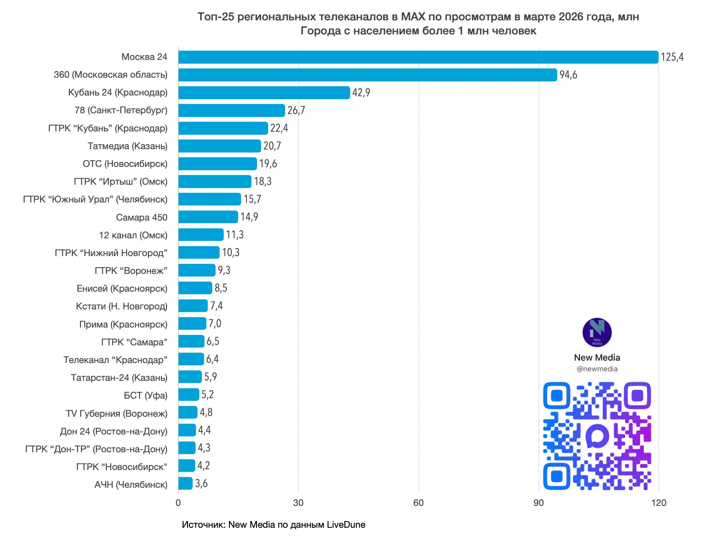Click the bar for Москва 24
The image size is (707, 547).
418,57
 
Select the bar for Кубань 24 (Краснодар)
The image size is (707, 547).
264,93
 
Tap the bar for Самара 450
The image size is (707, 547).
208,217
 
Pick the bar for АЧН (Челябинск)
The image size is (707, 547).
185,483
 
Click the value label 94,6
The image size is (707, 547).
568,75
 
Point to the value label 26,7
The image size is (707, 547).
296,110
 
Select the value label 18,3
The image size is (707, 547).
263,181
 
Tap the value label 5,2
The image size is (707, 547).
207,395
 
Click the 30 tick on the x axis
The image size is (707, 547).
298,503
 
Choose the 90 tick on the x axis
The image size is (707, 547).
538,503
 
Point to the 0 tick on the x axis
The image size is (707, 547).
178,503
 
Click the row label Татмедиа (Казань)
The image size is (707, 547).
127,146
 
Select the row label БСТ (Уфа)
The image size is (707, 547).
145,395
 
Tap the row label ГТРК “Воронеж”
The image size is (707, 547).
131,271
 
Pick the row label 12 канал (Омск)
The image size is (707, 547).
133,235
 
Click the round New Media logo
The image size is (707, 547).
597,332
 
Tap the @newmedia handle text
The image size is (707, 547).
597,369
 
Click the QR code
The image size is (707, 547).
597,436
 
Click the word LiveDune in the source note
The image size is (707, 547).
346,524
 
